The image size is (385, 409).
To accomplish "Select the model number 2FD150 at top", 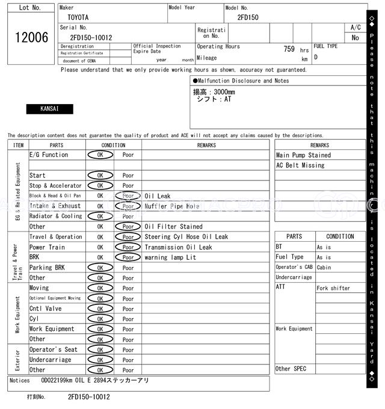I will coord(248,17).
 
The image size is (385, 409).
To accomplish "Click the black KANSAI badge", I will coord(49,109).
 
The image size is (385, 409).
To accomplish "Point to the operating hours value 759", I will coord(289,49).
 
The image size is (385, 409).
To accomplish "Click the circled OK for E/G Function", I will coord(100,155).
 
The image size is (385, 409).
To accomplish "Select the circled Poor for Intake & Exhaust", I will coord(128,206).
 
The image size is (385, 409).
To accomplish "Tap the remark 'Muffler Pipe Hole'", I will coord(171,206).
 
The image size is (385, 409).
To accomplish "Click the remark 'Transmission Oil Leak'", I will coord(178,247).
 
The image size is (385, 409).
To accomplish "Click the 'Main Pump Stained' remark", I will coord(303,155).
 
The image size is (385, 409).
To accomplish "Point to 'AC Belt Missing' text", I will coord(300,165).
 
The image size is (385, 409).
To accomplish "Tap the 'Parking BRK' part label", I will coord(47,268).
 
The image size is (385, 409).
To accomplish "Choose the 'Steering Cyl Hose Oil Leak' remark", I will coord(186,237).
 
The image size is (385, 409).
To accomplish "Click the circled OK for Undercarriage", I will coord(100,360).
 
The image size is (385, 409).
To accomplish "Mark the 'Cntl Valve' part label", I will coord(45,309).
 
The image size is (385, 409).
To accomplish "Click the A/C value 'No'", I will coord(356,38).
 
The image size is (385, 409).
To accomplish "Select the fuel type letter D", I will coord(316,58).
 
